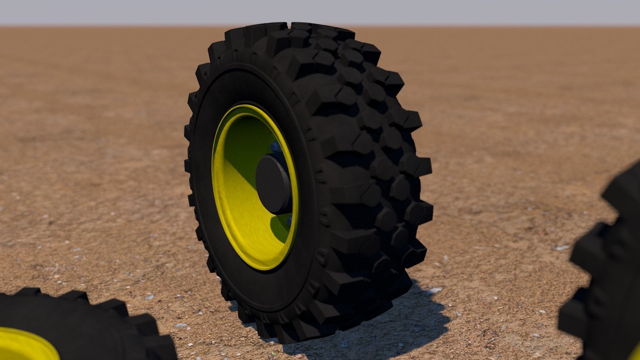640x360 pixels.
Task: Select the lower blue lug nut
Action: coord(289,220)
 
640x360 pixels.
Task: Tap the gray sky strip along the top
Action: coord(320,12)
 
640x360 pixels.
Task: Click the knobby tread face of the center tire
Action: coord(367,150)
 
